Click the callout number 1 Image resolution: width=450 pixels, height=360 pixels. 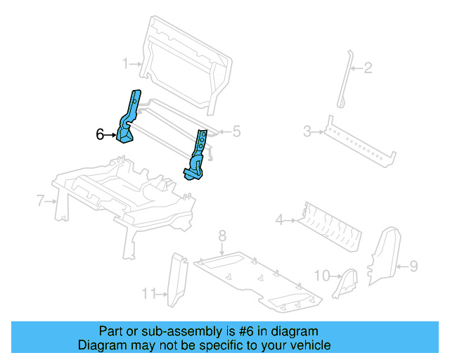[126, 63]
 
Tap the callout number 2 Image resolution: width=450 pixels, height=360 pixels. [368, 68]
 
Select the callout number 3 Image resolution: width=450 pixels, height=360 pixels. [307, 131]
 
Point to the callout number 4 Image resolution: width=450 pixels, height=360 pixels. [279, 221]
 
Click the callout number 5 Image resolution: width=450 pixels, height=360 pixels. [236, 131]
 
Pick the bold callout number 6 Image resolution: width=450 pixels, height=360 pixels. [100, 134]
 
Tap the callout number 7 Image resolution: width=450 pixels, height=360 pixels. [41, 201]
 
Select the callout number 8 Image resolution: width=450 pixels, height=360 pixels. [221, 235]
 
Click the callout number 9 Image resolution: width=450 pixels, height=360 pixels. [413, 266]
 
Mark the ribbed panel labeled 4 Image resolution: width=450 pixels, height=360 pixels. [329, 226]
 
